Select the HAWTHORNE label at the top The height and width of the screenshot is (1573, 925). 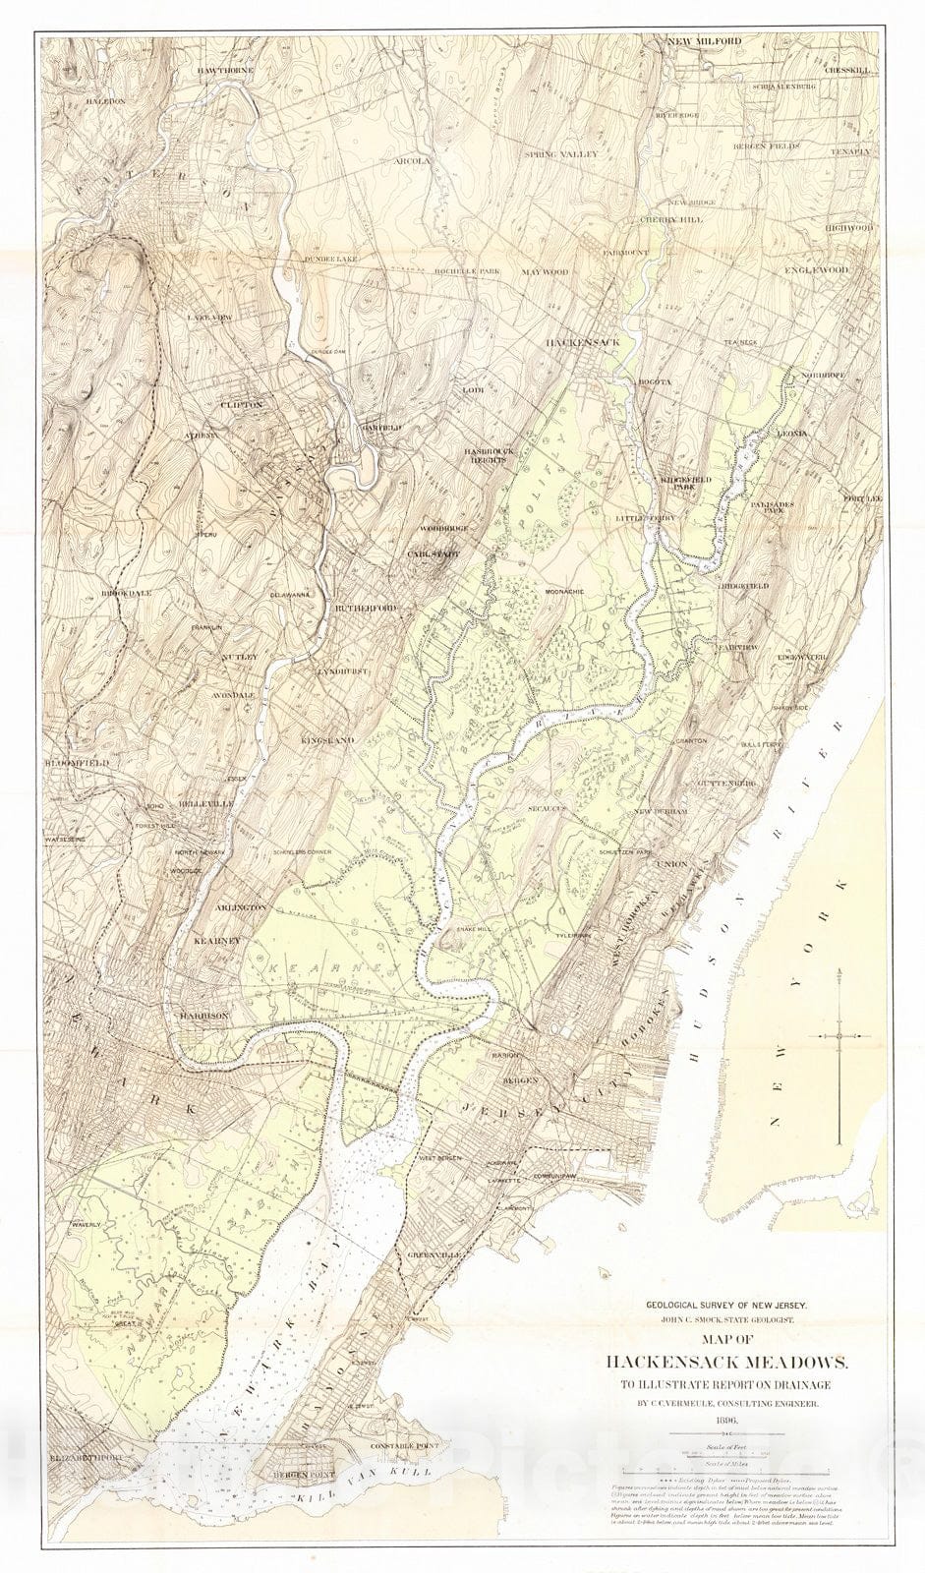point(225,72)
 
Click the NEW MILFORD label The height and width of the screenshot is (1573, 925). point(703,41)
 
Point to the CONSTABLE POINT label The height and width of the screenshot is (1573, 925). point(404,1447)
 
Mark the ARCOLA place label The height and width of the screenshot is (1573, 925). point(412,160)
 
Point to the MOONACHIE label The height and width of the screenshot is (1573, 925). point(563,591)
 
